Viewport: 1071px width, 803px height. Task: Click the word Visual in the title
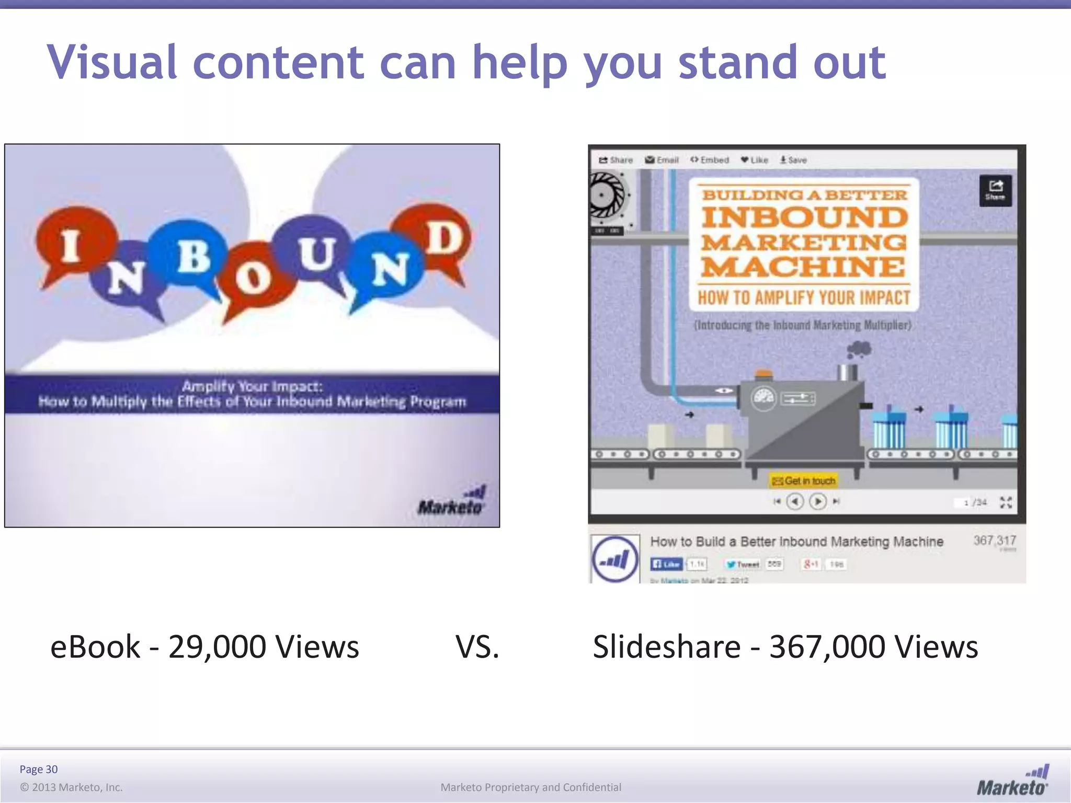click(x=112, y=63)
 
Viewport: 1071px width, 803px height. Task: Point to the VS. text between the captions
click(x=477, y=647)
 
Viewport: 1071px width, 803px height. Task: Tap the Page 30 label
click(x=39, y=769)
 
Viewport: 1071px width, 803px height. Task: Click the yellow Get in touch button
click(x=804, y=480)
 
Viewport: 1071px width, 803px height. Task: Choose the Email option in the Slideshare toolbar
click(x=662, y=160)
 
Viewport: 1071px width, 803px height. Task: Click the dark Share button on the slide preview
click(x=995, y=190)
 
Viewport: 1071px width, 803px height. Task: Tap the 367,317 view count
click(x=995, y=541)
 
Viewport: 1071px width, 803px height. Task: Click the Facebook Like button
click(x=666, y=564)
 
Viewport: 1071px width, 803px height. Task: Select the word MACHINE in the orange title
click(x=803, y=267)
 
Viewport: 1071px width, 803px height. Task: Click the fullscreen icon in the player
click(x=1006, y=502)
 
